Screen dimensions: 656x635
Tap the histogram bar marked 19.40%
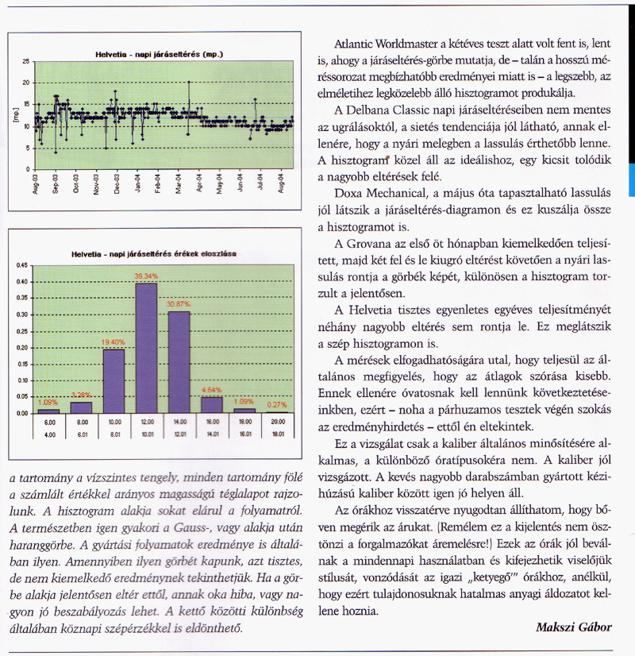click(114, 380)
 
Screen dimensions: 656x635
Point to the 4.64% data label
click(211, 390)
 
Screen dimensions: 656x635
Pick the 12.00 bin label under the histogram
click(146, 423)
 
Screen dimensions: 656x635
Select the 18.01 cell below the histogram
click(277, 434)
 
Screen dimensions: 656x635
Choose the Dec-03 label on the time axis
click(117, 186)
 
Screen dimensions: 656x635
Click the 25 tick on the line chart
click(26, 61)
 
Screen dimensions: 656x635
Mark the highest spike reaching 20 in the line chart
click(189, 82)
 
